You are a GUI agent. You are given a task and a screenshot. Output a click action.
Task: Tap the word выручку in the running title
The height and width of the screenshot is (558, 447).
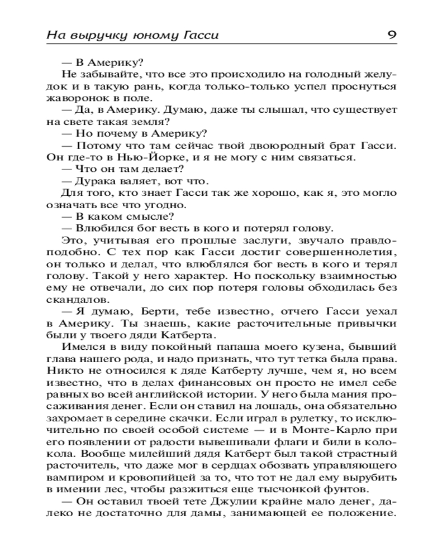click(x=98, y=36)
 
